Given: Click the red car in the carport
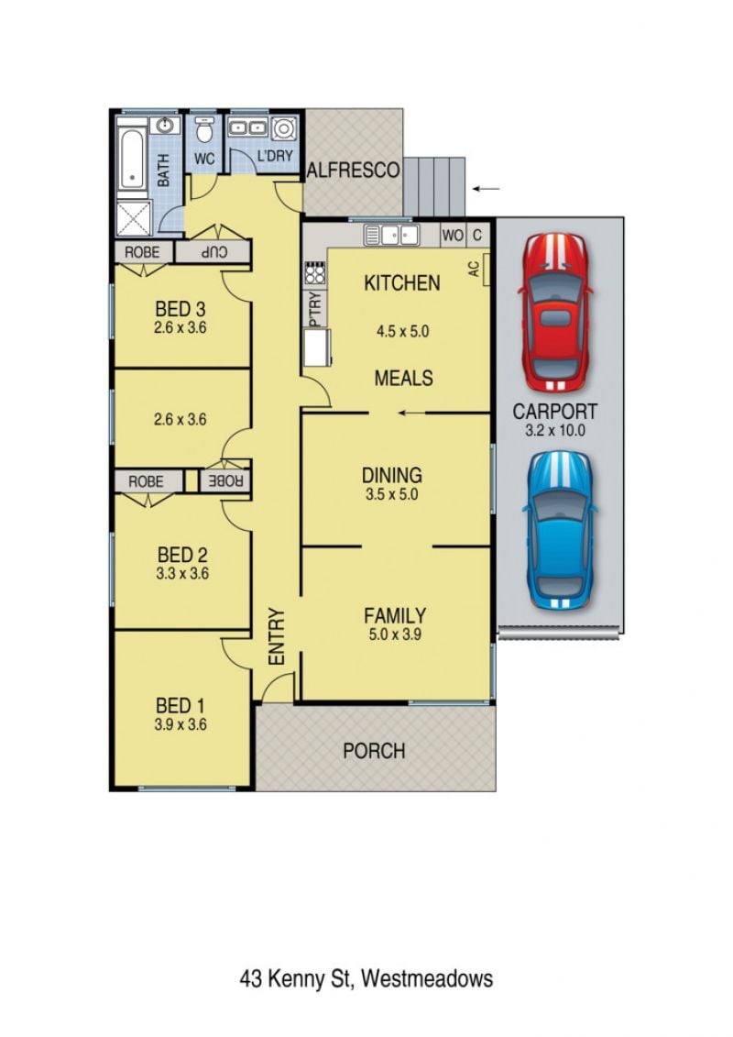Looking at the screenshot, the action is pos(556,312).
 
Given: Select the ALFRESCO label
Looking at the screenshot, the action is pos(353,171).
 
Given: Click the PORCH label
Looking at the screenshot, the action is pos(374,751).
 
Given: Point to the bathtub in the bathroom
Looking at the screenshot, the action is pos(132,159).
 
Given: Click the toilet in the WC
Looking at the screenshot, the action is pos(205,131).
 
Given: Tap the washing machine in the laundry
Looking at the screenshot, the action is pos(284,128).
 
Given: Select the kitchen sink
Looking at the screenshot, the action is pos(392,235).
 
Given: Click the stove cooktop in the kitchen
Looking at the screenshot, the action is pos(314,272).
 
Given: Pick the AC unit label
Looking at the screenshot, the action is pos(474,269).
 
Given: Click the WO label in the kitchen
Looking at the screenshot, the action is pos(452,236).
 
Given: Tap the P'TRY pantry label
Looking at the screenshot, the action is pos(314,309).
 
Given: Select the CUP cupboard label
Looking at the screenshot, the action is pos(214,252).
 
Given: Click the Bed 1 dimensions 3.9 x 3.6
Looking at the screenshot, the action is pos(181,724).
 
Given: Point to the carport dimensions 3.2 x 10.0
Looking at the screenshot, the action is pos(555,431).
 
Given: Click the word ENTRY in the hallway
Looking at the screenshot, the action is pos(277,636).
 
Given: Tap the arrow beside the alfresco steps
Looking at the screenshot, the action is pos(486,189).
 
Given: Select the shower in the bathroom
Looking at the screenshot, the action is pos(134,217).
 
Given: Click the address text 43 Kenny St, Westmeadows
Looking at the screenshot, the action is pos(366,979).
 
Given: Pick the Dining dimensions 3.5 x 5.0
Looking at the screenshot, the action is pos(392,494).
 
